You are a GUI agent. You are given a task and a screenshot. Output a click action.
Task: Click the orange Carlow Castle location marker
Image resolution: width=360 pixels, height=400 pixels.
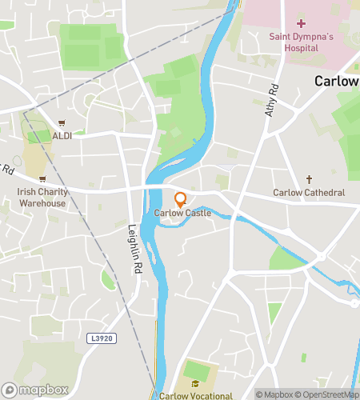click(x=180, y=198)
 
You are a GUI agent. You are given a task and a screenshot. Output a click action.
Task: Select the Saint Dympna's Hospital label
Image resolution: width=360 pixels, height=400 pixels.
click(x=300, y=42)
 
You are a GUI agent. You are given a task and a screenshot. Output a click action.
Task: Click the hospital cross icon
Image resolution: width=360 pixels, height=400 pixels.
click(x=300, y=23)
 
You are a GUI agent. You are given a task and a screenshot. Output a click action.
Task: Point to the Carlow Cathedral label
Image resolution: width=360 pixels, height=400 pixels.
click(x=309, y=193)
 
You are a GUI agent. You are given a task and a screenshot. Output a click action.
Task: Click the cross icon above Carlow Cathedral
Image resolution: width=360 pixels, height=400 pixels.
click(x=309, y=180)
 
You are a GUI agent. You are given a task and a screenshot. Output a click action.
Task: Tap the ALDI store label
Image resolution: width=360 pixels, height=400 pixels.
click(x=62, y=135)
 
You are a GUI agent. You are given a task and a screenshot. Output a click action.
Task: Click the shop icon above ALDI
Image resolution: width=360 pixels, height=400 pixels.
click(x=62, y=123)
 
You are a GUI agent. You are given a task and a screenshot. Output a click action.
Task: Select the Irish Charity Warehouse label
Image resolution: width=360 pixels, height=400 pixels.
click(x=42, y=198)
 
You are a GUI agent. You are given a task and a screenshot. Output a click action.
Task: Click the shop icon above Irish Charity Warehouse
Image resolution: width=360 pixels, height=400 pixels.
click(x=42, y=179)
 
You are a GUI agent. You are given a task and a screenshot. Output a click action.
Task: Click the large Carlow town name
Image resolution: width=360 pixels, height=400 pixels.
click(x=337, y=81)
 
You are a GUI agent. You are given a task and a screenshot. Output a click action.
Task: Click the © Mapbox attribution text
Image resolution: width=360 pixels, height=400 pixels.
click(x=274, y=394)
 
